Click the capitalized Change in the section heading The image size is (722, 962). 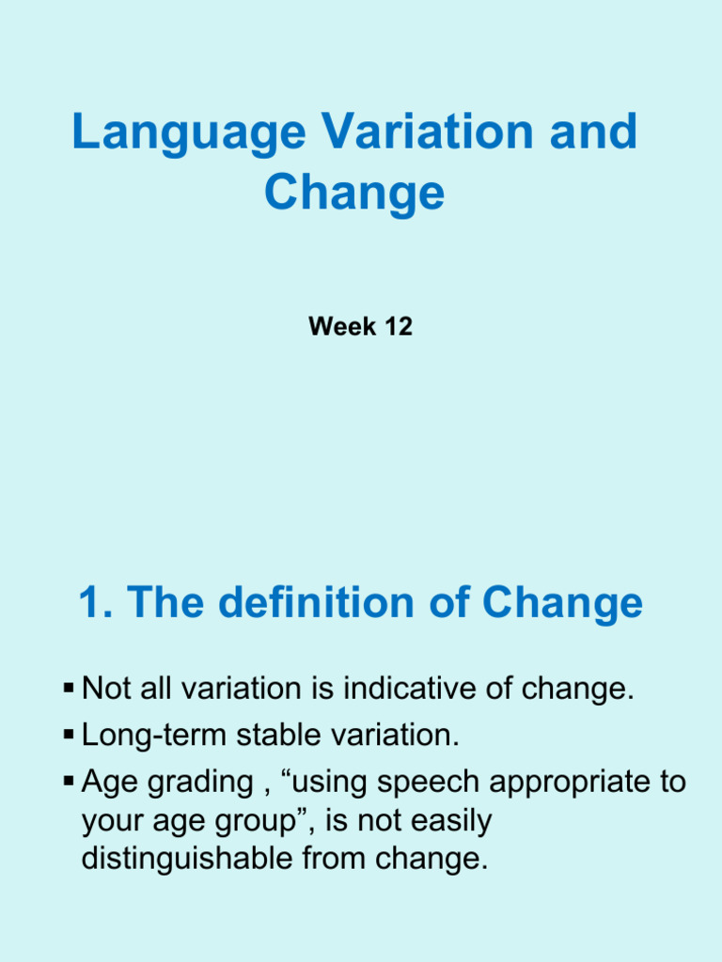tap(562, 604)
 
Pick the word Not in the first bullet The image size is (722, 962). tap(105, 690)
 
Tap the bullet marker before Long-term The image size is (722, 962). tap(69, 736)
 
